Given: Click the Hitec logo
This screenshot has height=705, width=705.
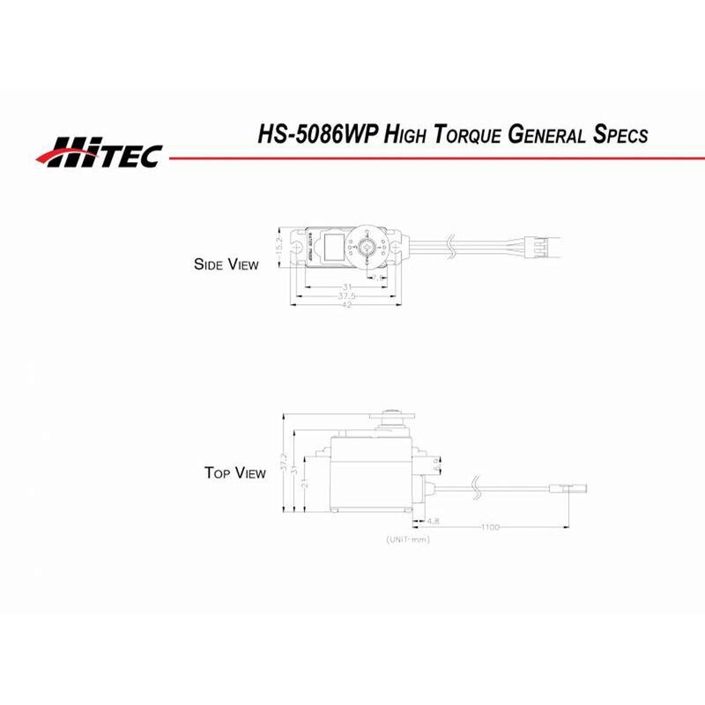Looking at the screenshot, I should click(x=99, y=152).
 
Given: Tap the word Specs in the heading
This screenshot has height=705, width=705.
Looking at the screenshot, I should click(x=617, y=135).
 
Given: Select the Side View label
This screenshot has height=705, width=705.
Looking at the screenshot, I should click(x=226, y=263).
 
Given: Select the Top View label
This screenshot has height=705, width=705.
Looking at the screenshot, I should click(x=234, y=473).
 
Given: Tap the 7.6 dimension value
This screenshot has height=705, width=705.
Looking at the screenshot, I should click(x=380, y=278).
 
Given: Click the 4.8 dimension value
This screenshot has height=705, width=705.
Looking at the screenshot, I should click(x=434, y=521).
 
